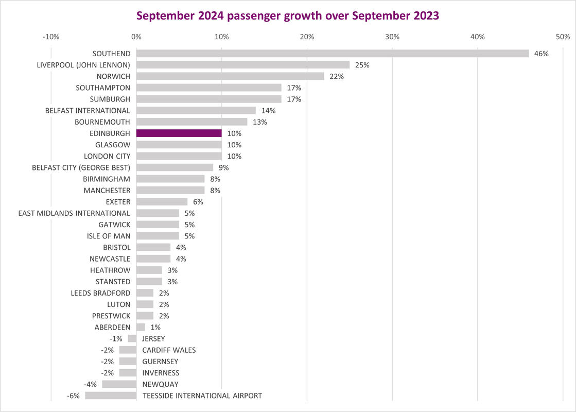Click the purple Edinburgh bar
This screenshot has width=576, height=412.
click(179, 133)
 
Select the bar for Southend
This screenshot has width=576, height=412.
click(333, 54)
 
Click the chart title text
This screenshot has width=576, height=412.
click(288, 15)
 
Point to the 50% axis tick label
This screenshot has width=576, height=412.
click(563, 37)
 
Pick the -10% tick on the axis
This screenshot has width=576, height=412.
click(51, 37)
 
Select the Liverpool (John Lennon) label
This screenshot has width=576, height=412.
click(83, 65)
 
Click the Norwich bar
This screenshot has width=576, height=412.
click(230, 76)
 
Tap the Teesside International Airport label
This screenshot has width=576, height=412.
click(202, 396)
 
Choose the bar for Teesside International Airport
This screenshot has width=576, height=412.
click(111, 396)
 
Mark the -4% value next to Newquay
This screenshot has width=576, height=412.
click(91, 384)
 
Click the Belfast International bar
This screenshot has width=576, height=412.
click(196, 110)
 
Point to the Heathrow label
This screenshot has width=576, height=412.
click(110, 270)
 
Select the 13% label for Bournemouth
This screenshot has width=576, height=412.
click(260, 122)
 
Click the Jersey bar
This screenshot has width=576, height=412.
click(132, 338)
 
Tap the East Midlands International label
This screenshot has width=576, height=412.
click(74, 213)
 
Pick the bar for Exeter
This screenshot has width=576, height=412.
click(162, 202)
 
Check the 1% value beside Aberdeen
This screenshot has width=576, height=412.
click(155, 327)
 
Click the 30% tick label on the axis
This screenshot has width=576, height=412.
click(392, 37)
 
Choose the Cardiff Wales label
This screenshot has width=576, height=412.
click(169, 350)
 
